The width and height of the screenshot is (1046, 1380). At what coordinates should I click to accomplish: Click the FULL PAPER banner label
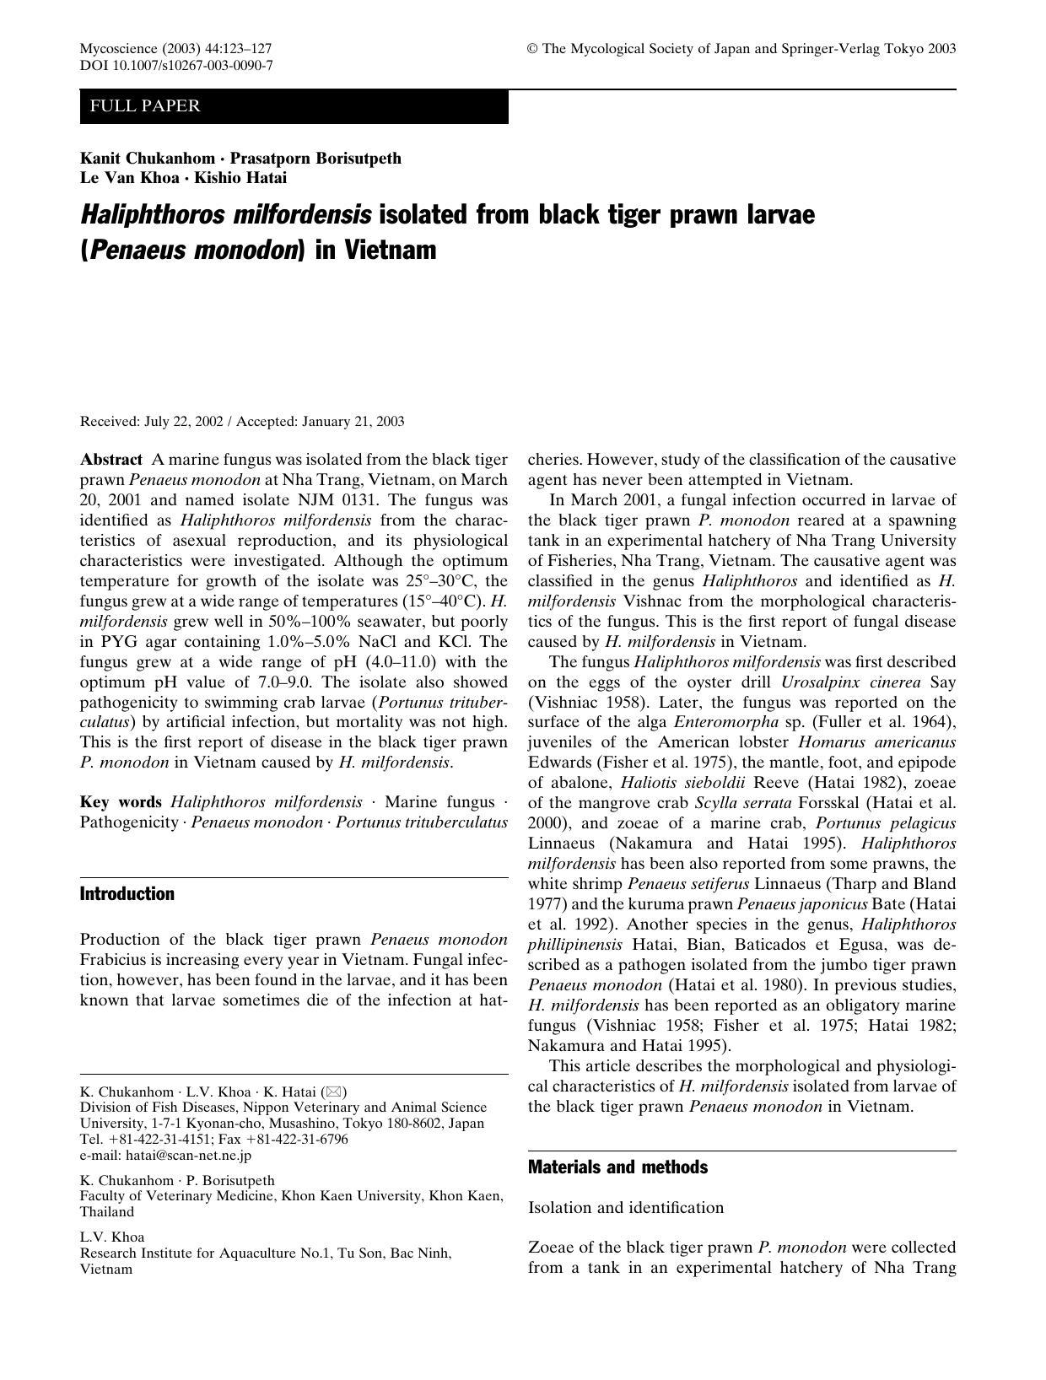[x=145, y=106]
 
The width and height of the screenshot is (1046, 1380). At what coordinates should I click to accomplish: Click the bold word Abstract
[x=111, y=460]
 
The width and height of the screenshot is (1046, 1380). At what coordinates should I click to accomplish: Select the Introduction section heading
[x=127, y=894]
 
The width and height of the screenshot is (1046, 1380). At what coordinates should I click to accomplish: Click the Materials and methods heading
[x=617, y=1167]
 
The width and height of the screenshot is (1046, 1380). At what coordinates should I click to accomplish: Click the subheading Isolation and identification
[x=626, y=1208]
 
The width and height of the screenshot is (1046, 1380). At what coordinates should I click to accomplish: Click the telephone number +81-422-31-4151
[x=155, y=1140]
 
